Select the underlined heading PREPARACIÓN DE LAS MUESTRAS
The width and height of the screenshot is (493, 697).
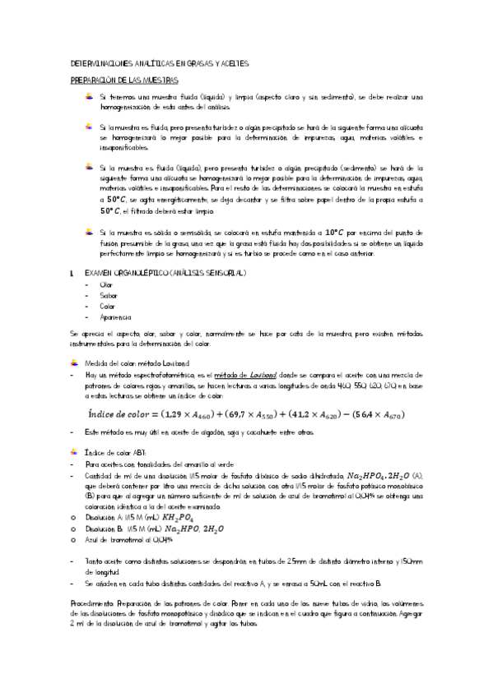coord(124,80)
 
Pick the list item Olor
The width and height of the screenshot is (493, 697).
coord(106,284)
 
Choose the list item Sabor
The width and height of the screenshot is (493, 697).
coord(108,294)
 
